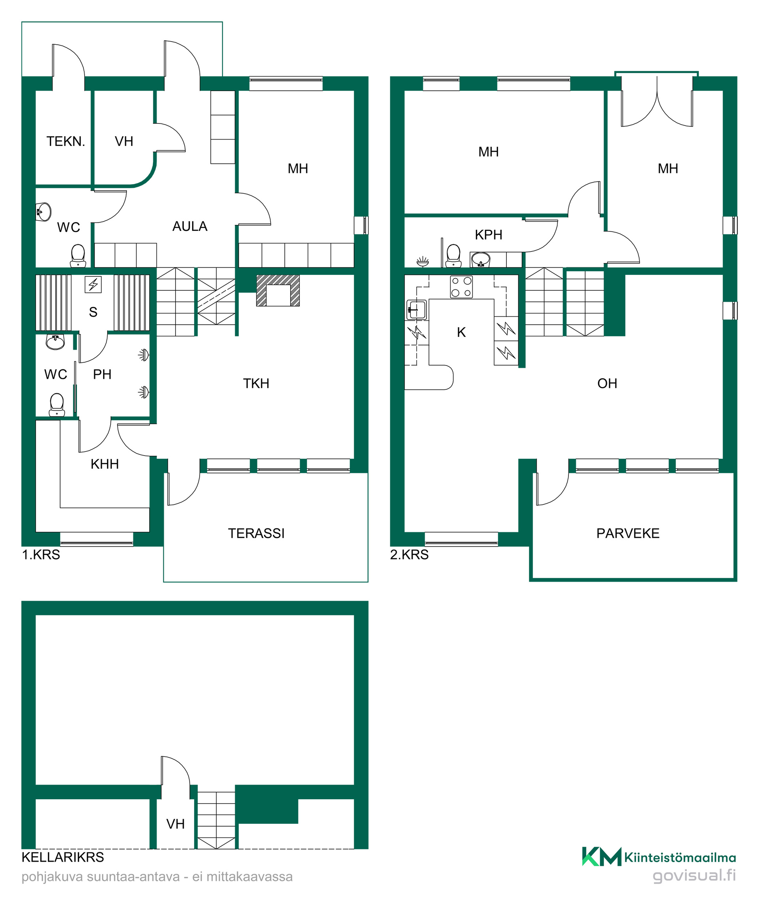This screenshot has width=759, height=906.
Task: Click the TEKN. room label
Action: coord(66,142)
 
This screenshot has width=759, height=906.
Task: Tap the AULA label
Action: coord(190,227)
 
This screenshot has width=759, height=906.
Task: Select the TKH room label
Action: coord(256,384)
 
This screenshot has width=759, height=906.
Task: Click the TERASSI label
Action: coord(256,534)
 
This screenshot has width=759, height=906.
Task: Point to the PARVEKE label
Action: coord(628,534)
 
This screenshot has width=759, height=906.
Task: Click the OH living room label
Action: coord(607,384)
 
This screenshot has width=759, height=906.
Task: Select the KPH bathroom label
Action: coord(489,235)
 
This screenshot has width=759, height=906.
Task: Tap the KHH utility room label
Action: coord(105,464)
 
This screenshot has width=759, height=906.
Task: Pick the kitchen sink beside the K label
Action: coord(417,310)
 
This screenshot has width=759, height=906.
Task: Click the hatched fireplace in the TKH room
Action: coord(278,290)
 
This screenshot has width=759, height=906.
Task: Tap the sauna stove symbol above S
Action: coord(93,285)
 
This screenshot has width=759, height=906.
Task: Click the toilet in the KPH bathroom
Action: coord(453,256)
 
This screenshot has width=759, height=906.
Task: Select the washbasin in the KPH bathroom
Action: coord(481,260)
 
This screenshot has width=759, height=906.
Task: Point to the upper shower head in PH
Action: coord(143,355)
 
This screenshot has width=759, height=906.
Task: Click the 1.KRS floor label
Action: coord(41,555)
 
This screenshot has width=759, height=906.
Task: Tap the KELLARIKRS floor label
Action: coord(63,857)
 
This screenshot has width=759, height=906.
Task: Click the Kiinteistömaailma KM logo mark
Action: coord(602,857)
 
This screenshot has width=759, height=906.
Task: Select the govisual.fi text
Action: coord(694,876)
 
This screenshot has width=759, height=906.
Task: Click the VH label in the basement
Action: coord(176,825)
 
